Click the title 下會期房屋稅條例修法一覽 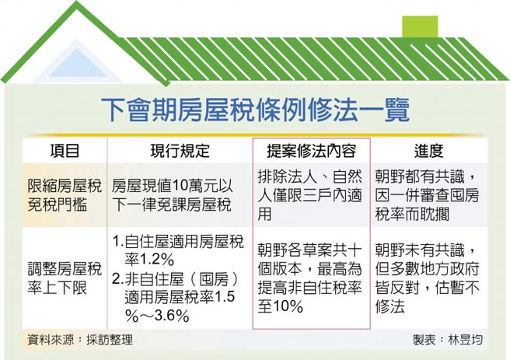256,109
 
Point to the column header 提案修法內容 311,151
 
